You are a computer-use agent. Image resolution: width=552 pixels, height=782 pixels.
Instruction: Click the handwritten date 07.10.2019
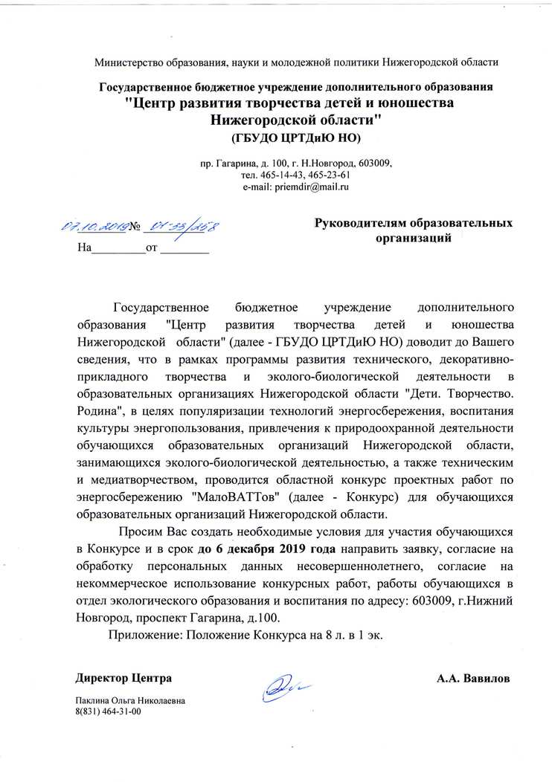(94, 226)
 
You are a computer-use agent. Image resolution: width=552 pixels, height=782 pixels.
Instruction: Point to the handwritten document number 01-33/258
(179, 227)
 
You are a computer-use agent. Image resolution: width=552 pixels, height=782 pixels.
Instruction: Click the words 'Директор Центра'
(123, 679)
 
